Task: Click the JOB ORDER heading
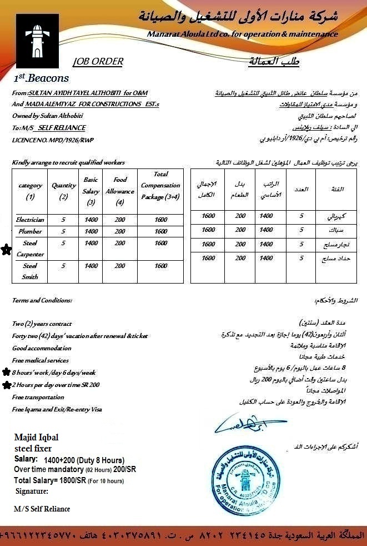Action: (x=98, y=62)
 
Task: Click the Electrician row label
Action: (x=30, y=220)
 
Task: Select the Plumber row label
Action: (x=30, y=231)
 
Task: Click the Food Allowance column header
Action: (x=120, y=185)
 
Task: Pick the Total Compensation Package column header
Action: (x=160, y=185)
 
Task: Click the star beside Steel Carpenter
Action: (x=6, y=250)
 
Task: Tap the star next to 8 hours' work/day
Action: (x=6, y=372)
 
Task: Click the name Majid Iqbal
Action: (x=37, y=438)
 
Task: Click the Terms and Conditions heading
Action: (x=42, y=300)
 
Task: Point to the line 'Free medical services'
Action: (x=41, y=360)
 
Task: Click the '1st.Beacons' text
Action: (x=42, y=78)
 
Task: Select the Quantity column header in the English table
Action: (x=64, y=191)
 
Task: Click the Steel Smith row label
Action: (x=30, y=271)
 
